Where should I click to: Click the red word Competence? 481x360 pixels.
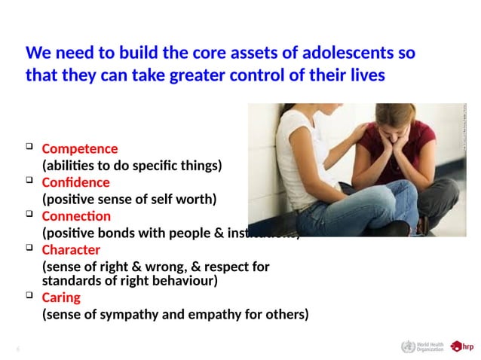[79, 148]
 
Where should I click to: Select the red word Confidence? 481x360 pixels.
[75, 182]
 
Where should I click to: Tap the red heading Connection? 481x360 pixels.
[76, 216]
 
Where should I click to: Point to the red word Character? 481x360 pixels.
[71, 249]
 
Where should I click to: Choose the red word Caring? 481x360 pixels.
[61, 297]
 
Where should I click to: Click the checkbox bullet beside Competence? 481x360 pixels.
[29, 146]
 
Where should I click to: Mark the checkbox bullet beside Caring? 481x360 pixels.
[29, 295]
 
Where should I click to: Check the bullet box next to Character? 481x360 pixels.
[29, 247]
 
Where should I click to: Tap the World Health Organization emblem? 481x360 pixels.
[408, 346]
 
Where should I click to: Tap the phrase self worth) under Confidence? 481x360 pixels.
[182, 199]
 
